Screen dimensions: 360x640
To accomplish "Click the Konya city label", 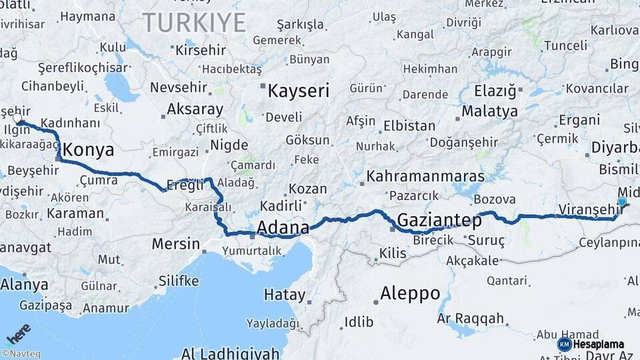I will (x=88, y=150).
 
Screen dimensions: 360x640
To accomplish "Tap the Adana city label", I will (x=283, y=228).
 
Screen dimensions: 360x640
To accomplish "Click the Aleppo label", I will (x=410, y=293).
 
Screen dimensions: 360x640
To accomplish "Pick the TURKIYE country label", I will (x=194, y=23).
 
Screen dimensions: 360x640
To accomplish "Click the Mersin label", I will (x=175, y=244).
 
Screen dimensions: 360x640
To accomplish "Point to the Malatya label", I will (x=489, y=111).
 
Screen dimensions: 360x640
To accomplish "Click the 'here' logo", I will (x=18, y=333).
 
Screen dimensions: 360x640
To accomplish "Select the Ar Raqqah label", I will (x=471, y=319).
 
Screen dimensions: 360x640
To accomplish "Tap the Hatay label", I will (x=285, y=295).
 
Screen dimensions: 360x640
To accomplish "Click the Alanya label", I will (x=24, y=285).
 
